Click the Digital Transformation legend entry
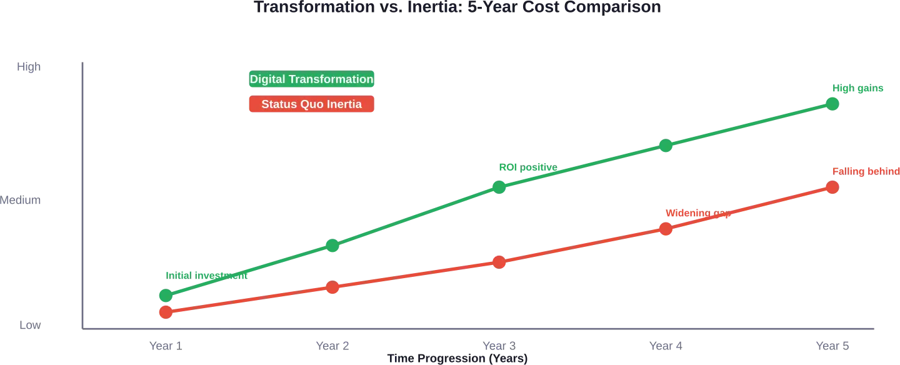pyautogui.click(x=311, y=79)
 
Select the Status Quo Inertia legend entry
pyautogui.click(x=311, y=104)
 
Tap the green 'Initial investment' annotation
pyautogui.click(x=206, y=276)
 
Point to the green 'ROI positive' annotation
pyautogui.click(x=526, y=167)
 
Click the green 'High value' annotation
pyautogui.click(x=858, y=89)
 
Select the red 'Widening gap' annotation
pyautogui.click(x=697, y=214)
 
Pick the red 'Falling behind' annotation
pyautogui.click(x=865, y=171)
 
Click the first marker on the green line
pyautogui.click(x=166, y=296)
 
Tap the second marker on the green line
pyautogui.click(x=333, y=246)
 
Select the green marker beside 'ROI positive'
pyautogui.click(x=500, y=187)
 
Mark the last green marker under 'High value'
pyautogui.click(x=832, y=104)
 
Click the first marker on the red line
pyautogui.click(x=166, y=312)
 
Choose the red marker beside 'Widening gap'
pyautogui.click(x=666, y=229)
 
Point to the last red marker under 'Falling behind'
pyautogui.click(x=832, y=187)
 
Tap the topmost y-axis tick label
pyautogui.click(x=30, y=68)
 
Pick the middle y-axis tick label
pyautogui.click(x=22, y=201)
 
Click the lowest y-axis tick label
pyautogui.click(x=32, y=325)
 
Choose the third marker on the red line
pyautogui.click(x=499, y=262)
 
